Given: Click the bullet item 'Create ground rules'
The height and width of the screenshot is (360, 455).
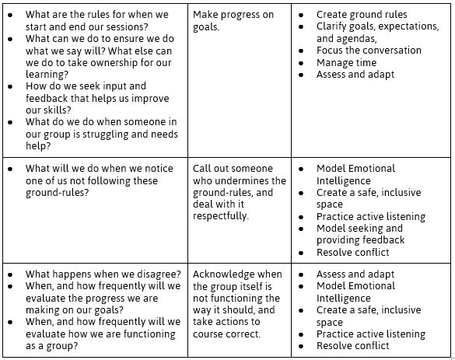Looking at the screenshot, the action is tap(362, 15).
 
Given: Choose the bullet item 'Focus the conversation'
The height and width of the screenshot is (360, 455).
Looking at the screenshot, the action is tap(369, 51).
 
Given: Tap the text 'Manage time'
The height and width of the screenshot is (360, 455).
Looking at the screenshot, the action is tap(346, 63).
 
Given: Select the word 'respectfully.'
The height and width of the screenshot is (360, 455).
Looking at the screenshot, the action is tap(221, 216).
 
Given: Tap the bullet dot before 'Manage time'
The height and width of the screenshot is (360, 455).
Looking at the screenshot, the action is tap(301, 63).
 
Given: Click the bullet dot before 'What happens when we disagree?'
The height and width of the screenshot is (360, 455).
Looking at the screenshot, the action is tap(10, 274).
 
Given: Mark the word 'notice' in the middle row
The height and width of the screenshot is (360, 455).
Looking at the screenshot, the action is tap(159, 169).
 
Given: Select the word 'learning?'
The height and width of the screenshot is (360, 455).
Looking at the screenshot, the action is tap(47, 75).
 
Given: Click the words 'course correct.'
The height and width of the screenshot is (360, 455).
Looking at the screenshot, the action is tap(226, 334).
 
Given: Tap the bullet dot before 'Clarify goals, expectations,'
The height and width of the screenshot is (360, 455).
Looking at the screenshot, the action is tap(301, 26).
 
